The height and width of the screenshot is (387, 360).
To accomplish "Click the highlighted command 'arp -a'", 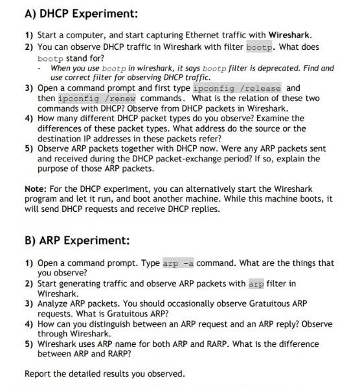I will [178, 263].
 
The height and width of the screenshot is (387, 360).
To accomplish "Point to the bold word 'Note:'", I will [36, 189].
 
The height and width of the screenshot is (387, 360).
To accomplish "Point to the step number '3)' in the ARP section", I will [29, 303].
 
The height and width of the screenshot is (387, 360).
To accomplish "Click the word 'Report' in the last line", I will [38, 373].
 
